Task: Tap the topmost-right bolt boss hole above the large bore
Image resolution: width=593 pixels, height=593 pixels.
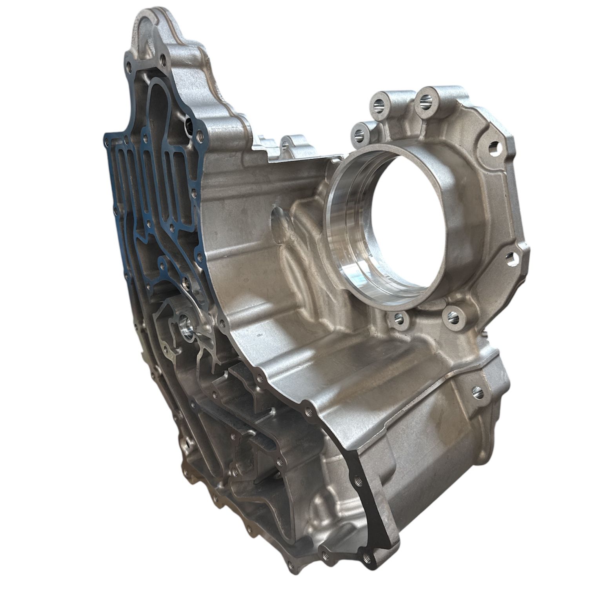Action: click(425, 101)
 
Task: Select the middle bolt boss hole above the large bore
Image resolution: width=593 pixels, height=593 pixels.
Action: click(379, 105)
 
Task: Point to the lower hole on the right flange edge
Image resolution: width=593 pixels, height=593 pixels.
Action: click(509, 257)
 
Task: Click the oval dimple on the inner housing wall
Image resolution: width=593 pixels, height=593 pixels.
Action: click(281, 220)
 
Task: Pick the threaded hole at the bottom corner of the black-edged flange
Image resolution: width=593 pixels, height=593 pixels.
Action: click(367, 557)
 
